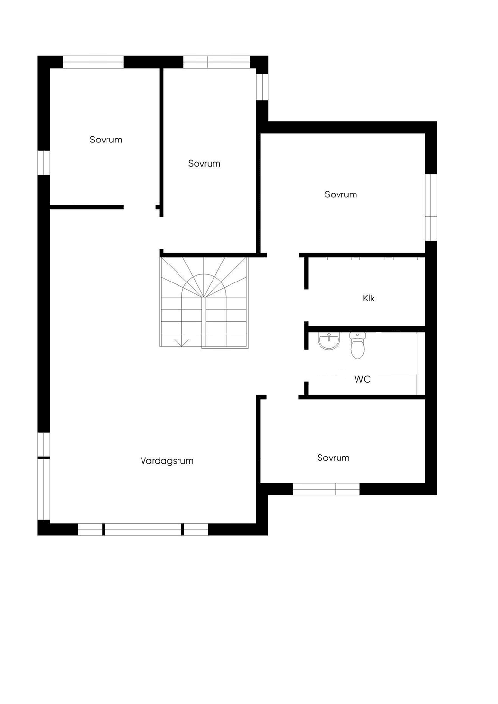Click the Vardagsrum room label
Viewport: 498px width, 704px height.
[167, 461]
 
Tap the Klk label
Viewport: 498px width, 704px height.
[369, 298]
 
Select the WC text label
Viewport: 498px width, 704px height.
[362, 379]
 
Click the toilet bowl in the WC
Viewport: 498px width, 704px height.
[357, 349]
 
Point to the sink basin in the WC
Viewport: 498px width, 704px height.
[329, 341]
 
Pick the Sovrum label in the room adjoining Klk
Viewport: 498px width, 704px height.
[341, 194]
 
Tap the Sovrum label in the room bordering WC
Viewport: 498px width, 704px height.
[333, 458]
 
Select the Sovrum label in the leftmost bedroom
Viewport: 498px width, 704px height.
[106, 140]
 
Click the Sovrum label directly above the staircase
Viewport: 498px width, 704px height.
[204, 163]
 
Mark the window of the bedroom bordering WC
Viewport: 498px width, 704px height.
[326, 489]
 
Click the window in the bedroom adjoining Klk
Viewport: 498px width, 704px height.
[431, 207]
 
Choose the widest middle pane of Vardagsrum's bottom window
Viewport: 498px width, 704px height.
[143, 529]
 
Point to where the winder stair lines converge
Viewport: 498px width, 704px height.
[203, 297]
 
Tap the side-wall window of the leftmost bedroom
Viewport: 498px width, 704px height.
[44, 163]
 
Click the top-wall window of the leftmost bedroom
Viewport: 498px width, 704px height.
[93, 62]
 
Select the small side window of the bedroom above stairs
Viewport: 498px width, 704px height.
[263, 87]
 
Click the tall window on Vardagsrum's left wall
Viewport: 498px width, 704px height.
[44, 476]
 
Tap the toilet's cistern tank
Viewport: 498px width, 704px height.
[357, 335]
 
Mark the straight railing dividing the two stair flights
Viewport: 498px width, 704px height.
[204, 322]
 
